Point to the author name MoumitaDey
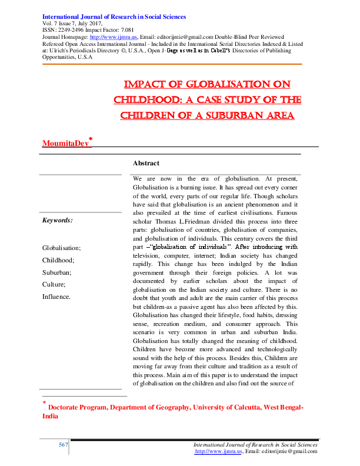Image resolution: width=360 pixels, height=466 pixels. pyautogui.click(x=65, y=143)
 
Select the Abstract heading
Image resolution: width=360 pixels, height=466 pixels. pyautogui.click(x=146, y=163)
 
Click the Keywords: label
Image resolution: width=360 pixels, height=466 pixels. pyautogui.click(x=58, y=220)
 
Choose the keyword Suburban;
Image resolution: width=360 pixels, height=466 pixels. pyautogui.click(x=57, y=272)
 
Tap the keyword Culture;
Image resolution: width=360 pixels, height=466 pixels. pyautogui.click(x=54, y=285)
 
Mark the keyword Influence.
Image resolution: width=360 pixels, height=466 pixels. pyautogui.click(x=56, y=297)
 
